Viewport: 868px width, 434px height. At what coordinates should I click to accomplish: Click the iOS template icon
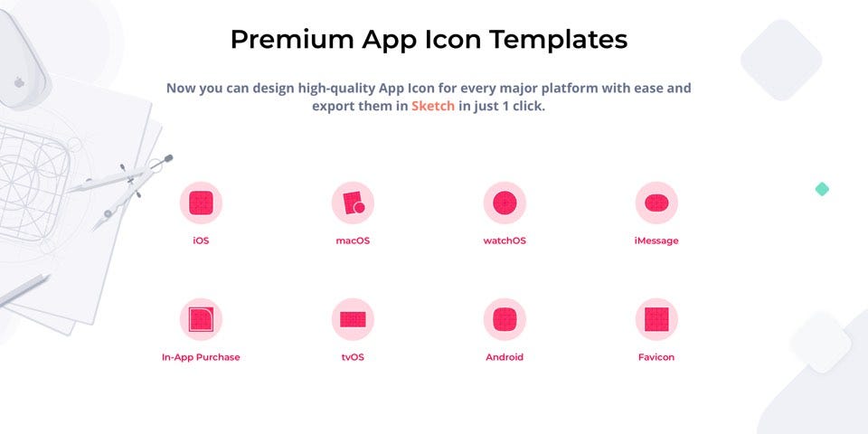click(x=201, y=203)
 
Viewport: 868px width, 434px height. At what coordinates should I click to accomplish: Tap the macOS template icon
click(x=353, y=203)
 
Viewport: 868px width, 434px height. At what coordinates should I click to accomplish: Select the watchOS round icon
click(x=505, y=203)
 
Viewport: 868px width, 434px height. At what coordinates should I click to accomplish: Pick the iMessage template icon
click(x=656, y=203)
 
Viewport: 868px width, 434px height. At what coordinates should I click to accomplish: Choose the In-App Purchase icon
click(x=201, y=319)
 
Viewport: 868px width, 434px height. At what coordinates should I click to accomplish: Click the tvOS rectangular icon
click(x=353, y=319)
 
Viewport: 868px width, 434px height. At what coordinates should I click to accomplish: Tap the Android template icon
click(x=505, y=319)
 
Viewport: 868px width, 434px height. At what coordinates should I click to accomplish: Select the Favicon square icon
click(x=656, y=319)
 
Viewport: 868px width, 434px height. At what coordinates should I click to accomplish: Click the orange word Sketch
click(x=433, y=106)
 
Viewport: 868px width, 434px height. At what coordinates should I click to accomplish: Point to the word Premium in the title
click(x=292, y=39)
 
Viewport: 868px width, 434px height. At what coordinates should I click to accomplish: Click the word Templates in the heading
click(x=559, y=40)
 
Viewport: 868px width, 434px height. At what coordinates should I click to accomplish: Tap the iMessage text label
click(x=656, y=241)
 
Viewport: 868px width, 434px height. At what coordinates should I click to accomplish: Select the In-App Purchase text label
click(x=201, y=357)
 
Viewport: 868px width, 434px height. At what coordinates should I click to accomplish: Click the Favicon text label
click(x=656, y=357)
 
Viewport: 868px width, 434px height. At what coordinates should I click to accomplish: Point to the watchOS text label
click(x=505, y=241)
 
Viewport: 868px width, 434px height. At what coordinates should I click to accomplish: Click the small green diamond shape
click(x=822, y=189)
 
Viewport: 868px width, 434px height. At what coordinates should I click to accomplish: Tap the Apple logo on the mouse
click(x=19, y=82)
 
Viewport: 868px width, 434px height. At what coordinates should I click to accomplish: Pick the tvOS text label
click(x=353, y=357)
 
